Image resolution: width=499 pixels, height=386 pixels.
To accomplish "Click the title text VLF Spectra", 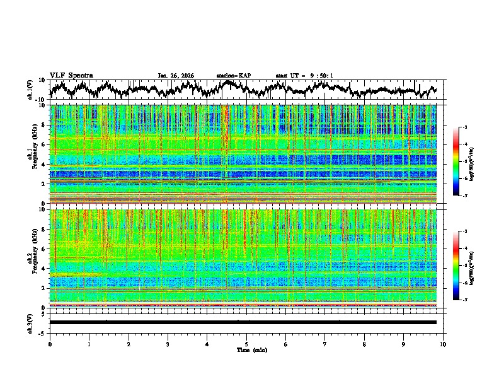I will (x=71, y=75).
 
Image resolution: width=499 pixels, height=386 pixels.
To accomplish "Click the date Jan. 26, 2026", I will (x=176, y=76).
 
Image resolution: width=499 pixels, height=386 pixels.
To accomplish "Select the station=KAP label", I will (x=233, y=76).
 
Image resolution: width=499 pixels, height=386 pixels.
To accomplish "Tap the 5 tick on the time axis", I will (x=246, y=343).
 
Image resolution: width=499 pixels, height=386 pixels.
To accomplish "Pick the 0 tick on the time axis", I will (x=50, y=343).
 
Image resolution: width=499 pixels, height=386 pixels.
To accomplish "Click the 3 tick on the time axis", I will (x=168, y=343).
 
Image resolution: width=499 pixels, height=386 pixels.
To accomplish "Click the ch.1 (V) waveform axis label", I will (x=30, y=89).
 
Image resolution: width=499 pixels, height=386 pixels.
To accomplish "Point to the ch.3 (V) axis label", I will (x=30, y=322).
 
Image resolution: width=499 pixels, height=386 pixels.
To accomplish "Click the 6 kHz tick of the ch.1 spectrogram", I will (x=42, y=144).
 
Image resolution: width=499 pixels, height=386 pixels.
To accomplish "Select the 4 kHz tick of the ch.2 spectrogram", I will (x=42, y=268).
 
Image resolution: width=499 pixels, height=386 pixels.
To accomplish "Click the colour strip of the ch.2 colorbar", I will (x=456, y=266).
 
